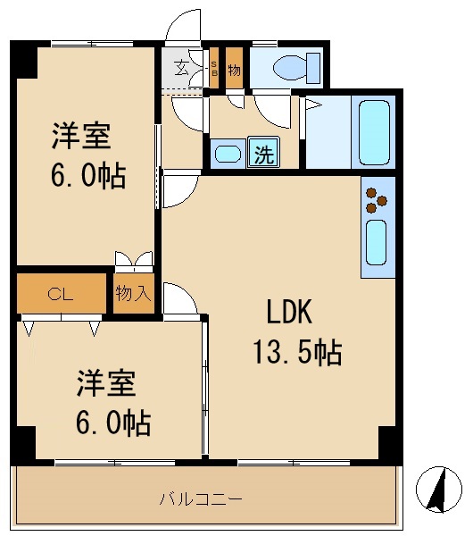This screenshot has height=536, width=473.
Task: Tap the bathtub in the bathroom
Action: click(x=372, y=132)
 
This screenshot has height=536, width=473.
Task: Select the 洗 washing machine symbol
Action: click(x=264, y=154)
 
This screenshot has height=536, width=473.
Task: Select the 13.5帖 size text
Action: click(x=296, y=353)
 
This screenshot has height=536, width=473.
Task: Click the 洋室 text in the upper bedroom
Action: click(x=80, y=137)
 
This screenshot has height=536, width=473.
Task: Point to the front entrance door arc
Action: click(x=186, y=27)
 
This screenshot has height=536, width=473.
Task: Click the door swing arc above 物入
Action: click(x=134, y=260)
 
